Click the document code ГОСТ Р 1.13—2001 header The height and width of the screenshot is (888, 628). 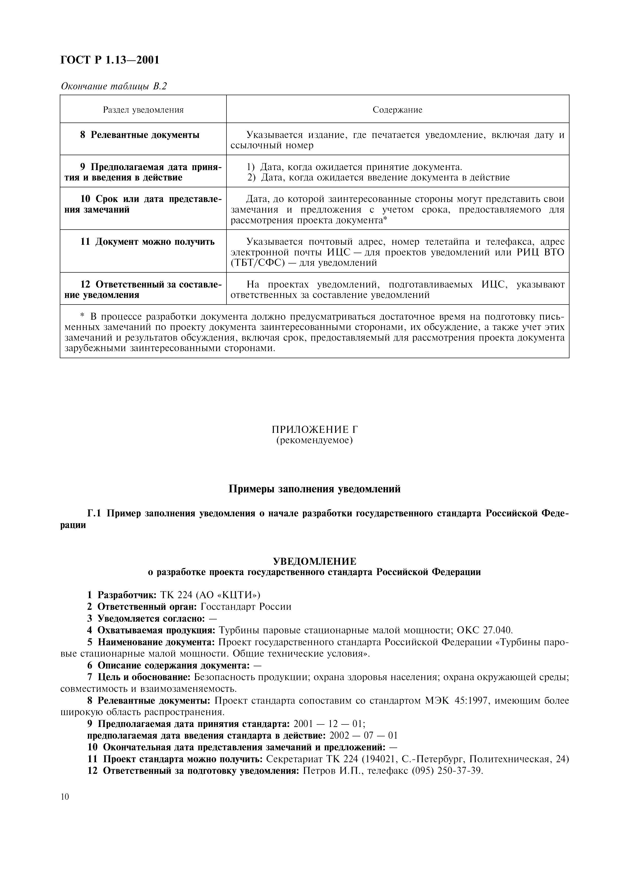click(110, 60)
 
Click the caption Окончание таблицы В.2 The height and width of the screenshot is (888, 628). click(113, 86)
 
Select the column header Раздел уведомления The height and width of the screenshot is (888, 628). click(143, 110)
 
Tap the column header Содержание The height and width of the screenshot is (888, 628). click(397, 110)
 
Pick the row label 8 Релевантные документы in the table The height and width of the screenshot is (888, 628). click(140, 135)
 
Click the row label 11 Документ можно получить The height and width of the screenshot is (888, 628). click(147, 242)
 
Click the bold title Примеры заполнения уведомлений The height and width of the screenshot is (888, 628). click(314, 489)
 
